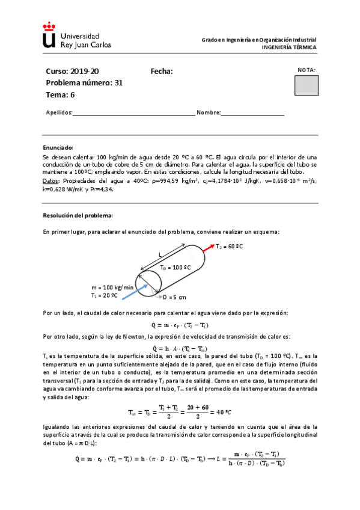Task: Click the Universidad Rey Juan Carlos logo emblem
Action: coord(50,36)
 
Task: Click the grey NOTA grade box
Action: coord(307,85)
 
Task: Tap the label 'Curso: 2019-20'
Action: coord(69,72)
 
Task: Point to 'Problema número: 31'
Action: coord(84,83)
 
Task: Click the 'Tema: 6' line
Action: coord(60,94)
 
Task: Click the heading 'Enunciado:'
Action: coord(58,147)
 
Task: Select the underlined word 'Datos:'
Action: coord(52,180)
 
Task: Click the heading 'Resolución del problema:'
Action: coord(78,215)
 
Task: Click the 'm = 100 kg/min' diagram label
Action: coord(112,287)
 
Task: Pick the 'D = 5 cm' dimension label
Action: coord(175,297)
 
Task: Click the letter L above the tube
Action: coord(160,254)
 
